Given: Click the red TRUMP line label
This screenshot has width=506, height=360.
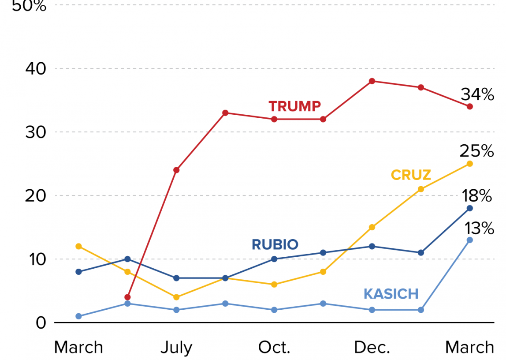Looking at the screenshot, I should (294, 106).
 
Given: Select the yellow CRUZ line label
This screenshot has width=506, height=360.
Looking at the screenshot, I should (411, 175).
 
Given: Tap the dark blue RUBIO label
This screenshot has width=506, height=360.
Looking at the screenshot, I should (275, 244).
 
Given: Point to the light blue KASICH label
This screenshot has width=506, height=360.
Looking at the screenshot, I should (391, 293).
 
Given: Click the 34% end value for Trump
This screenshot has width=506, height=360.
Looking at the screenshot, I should (477, 94).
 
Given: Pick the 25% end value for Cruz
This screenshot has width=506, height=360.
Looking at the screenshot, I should (476, 152).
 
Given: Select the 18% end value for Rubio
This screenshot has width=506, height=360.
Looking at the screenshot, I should (476, 196).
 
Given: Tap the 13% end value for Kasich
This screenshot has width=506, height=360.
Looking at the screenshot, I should (478, 228).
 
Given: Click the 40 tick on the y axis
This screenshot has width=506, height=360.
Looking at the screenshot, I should (35, 68).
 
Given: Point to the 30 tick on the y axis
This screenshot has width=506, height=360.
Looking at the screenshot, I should (35, 132).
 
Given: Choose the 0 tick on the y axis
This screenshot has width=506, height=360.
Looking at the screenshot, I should (41, 322).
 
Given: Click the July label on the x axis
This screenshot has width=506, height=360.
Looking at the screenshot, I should (176, 348).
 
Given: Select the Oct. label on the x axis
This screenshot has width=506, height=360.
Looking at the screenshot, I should (274, 348).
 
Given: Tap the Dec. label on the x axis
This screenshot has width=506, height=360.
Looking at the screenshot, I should (372, 348).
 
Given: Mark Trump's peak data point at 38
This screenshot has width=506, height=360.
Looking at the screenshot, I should (372, 81).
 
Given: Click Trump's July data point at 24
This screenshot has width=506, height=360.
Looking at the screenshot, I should (176, 170).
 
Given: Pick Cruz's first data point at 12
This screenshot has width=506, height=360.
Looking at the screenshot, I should (78, 246).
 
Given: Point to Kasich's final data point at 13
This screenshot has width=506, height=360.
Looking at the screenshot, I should (470, 240).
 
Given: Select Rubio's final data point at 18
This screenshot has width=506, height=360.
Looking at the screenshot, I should (470, 208).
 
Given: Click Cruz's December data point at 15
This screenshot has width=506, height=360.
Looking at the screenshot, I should (372, 227).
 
